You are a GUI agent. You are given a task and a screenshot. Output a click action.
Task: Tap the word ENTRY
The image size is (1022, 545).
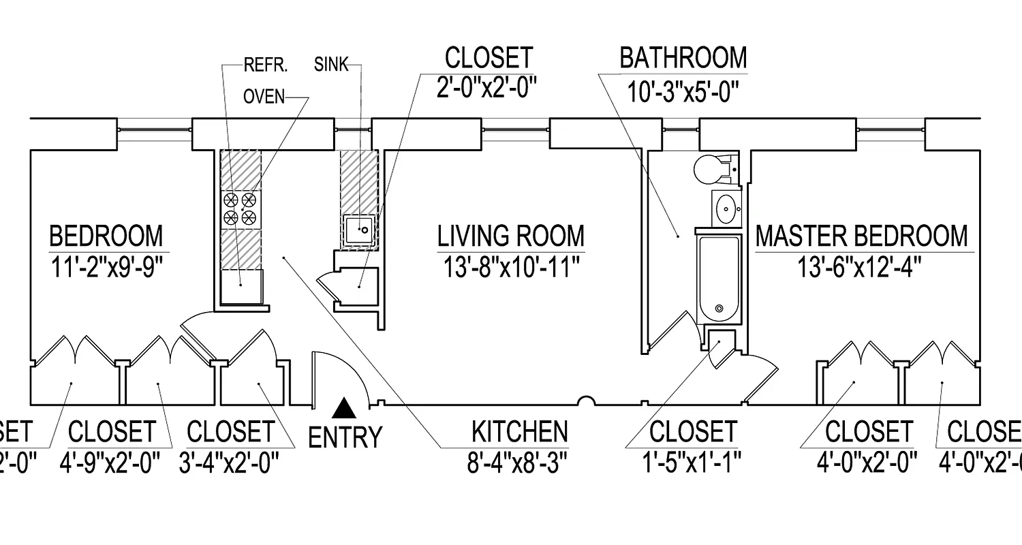pos(345,437)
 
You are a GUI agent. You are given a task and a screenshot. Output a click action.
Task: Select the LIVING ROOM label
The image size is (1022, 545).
pos(510,236)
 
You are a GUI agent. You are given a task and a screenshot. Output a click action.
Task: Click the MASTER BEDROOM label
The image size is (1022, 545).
pos(861,236)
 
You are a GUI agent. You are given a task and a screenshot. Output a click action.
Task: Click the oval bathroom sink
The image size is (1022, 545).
pos(727,207)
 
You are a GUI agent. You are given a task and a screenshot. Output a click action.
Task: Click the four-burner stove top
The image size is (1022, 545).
pos(241,208)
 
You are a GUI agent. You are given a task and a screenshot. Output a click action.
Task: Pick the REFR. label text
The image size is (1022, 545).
pos(266,65)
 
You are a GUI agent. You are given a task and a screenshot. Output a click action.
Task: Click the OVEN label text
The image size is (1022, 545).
pos(264,97)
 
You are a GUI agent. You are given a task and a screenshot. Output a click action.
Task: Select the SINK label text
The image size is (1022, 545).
pos(331,65)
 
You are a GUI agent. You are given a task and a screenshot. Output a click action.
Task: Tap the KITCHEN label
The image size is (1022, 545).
pos(519,432)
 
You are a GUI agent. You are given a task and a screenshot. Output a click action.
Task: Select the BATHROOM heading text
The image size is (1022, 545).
pos(683,58)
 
